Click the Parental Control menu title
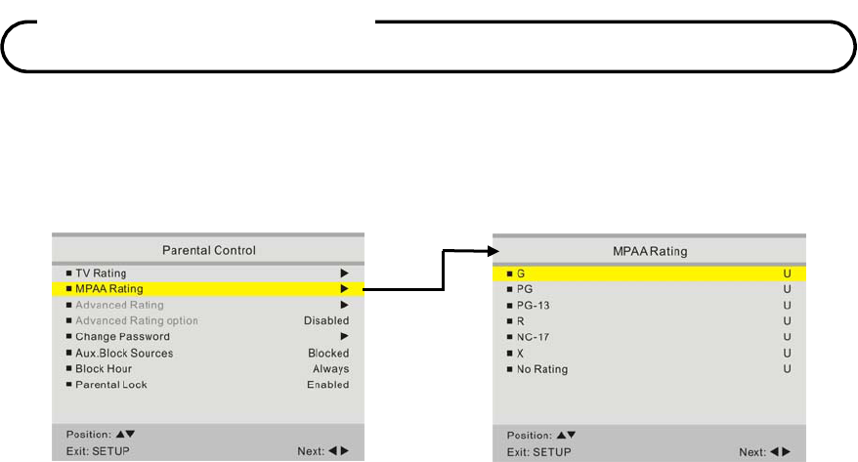click(x=207, y=250)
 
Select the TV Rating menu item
click(x=101, y=273)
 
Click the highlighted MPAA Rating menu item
click(x=108, y=289)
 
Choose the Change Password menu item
click(x=122, y=337)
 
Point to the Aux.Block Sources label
click(x=124, y=353)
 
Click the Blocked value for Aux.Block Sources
click(x=328, y=353)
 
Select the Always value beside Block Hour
click(x=331, y=369)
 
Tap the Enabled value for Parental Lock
click(x=327, y=385)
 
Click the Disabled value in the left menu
click(x=326, y=320)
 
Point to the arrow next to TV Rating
click(x=344, y=273)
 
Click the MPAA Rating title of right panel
click(x=649, y=251)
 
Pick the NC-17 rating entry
click(x=534, y=337)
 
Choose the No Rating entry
click(x=542, y=369)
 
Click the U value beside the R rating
click(x=787, y=321)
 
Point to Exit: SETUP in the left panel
click(x=98, y=451)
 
